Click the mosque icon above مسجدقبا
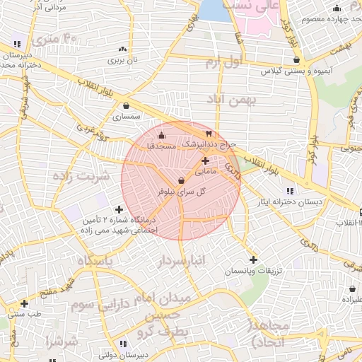161,136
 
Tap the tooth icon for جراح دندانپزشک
209,134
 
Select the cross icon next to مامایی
205,161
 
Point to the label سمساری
127,115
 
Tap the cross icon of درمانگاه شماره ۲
118,209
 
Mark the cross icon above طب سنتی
24,303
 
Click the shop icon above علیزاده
352,288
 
